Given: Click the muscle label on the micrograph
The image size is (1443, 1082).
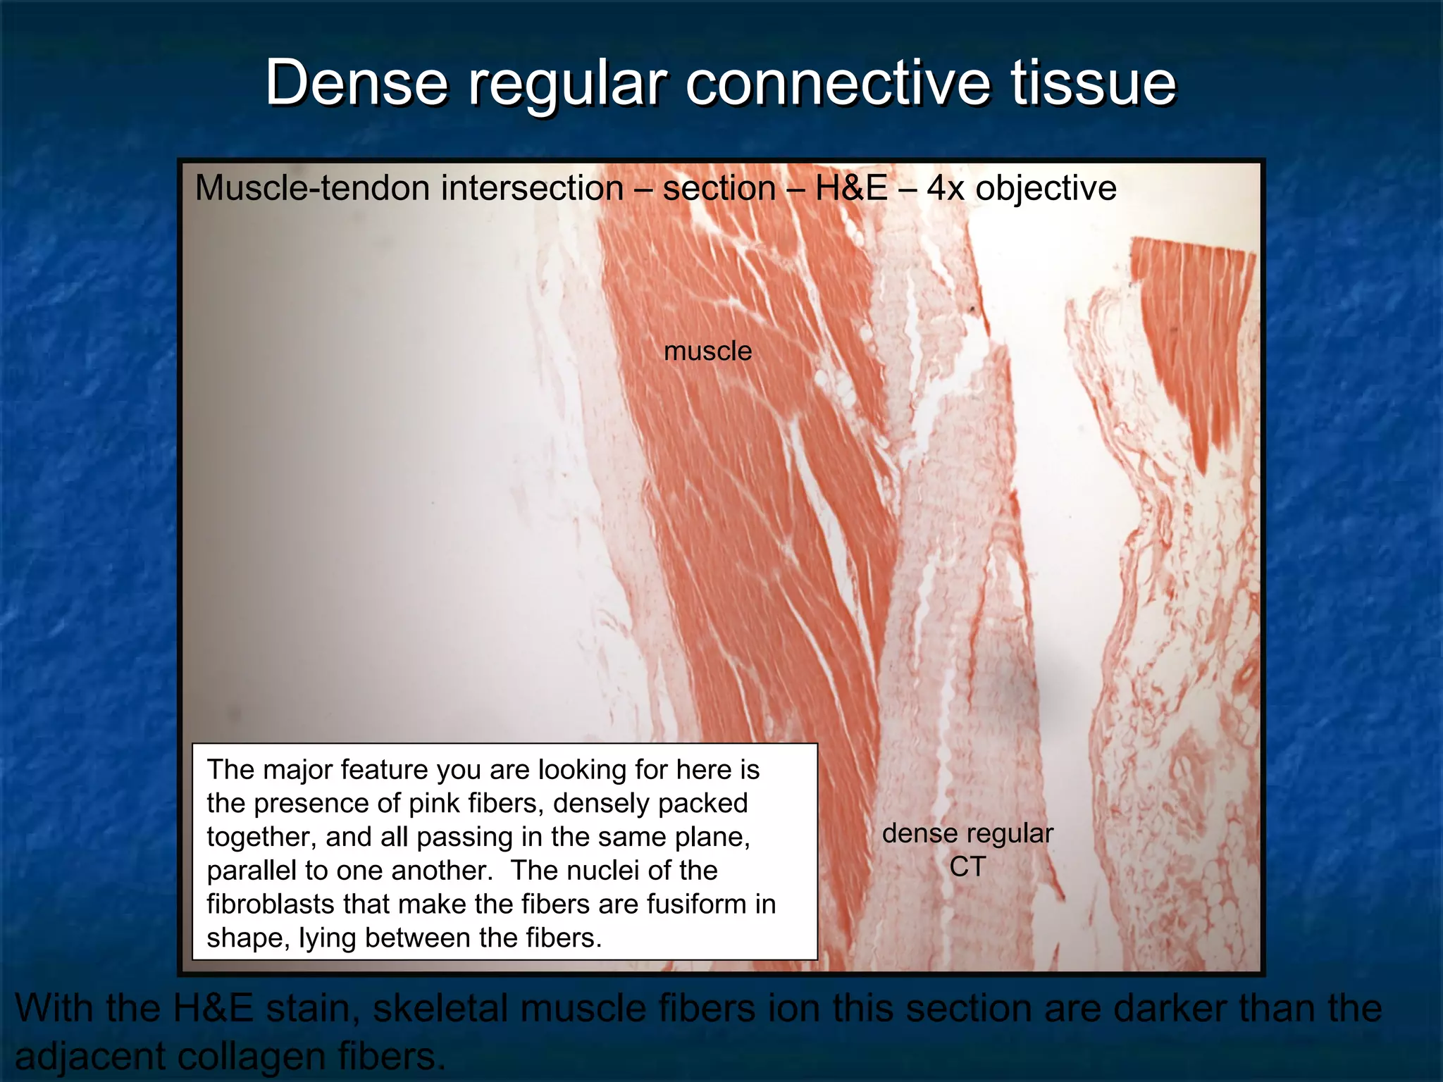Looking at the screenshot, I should (707, 351).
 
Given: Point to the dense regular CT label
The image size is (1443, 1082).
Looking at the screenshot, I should (967, 850).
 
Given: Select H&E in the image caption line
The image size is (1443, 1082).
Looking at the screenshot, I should (850, 189).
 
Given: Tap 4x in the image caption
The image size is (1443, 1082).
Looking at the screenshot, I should (945, 189).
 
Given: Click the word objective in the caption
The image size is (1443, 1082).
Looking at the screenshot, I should (1046, 189).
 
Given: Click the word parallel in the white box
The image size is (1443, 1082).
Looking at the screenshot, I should (247, 871).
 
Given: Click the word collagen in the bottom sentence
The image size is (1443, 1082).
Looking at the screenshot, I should (252, 1056).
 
